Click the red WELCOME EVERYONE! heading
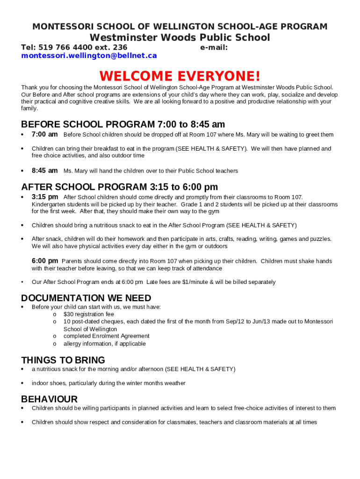click(x=180, y=76)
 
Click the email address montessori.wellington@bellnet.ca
click(x=89, y=56)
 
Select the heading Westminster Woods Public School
click(x=180, y=37)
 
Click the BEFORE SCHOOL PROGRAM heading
click(x=123, y=124)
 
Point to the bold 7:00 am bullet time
click(x=44, y=135)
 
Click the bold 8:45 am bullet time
click(x=44, y=171)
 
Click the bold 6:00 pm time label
click(x=45, y=261)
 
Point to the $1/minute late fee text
click(x=192, y=282)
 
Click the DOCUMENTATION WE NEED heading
click(x=86, y=298)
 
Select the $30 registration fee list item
click(x=88, y=314)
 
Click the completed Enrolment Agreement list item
click(x=106, y=336)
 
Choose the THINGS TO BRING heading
click(x=63, y=360)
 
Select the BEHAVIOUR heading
click(x=49, y=399)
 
